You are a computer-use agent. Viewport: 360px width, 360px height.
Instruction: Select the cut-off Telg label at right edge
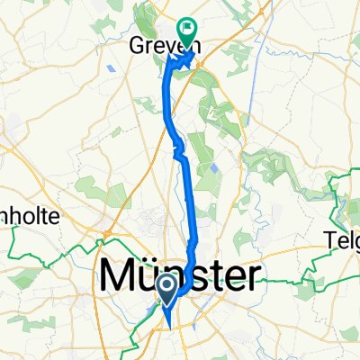342,240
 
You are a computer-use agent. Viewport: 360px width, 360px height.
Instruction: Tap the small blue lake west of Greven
110,67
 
